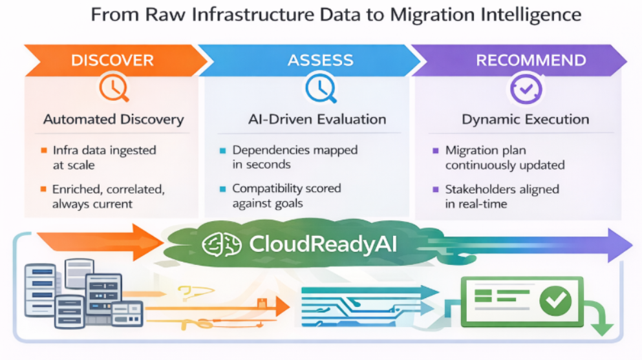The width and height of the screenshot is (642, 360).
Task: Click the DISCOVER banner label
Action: (112, 61)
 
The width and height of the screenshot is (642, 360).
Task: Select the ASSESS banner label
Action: (320, 61)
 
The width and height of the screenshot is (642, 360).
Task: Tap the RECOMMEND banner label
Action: (531, 61)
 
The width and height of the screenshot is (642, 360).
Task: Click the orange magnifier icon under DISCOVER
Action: (113, 89)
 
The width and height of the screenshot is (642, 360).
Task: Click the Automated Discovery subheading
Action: (114, 120)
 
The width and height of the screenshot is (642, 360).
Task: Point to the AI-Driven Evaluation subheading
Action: (317, 120)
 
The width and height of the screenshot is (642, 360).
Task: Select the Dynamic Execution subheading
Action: (525, 120)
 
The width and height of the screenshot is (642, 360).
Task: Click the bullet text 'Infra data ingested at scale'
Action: (103, 157)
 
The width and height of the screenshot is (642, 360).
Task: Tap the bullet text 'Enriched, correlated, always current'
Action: (107, 196)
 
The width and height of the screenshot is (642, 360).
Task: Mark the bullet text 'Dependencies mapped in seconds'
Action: (294, 157)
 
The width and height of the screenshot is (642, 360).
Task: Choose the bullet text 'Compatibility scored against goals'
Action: (286, 196)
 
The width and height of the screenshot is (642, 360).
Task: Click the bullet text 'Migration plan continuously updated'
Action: (504, 157)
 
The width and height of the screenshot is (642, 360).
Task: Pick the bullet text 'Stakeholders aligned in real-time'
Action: (501, 196)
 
